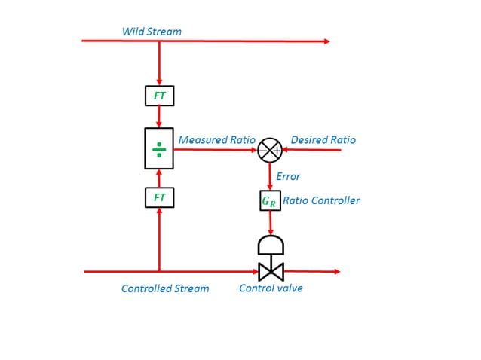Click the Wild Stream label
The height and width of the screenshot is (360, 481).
coord(152,32)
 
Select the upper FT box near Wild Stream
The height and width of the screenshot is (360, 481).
coord(159,96)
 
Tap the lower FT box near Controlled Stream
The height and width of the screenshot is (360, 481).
coord(159,197)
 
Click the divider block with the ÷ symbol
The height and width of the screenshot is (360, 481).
coord(159,149)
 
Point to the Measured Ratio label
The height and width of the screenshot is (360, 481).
coord(214,139)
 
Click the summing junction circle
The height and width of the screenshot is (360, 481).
coord(270,150)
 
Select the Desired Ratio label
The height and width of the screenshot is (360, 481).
coord(323,139)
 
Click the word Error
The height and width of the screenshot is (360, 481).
coord(288,176)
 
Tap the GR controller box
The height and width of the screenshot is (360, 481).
coord(270,201)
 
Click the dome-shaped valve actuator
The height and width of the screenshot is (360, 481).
coord(270,246)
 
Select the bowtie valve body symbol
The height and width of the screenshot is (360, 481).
coord(270,271)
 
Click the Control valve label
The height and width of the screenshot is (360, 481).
coord(271,288)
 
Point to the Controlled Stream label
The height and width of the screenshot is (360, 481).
coord(165,288)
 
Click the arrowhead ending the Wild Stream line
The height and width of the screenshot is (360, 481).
coord(326,41)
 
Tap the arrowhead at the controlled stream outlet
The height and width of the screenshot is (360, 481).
coord(336,271)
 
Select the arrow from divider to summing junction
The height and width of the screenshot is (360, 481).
coord(216,150)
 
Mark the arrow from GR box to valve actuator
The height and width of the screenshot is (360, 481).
coord(270,224)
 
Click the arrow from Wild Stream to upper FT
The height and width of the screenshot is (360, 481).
coord(159,64)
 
